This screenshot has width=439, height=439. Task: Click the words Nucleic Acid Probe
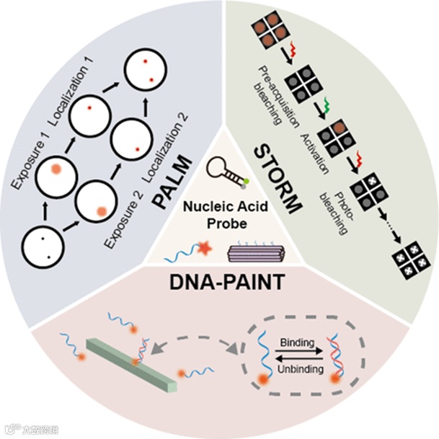[x=220, y=214]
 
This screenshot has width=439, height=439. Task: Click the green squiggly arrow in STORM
[x=325, y=106]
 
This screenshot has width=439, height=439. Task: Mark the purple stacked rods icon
[x=251, y=251]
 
